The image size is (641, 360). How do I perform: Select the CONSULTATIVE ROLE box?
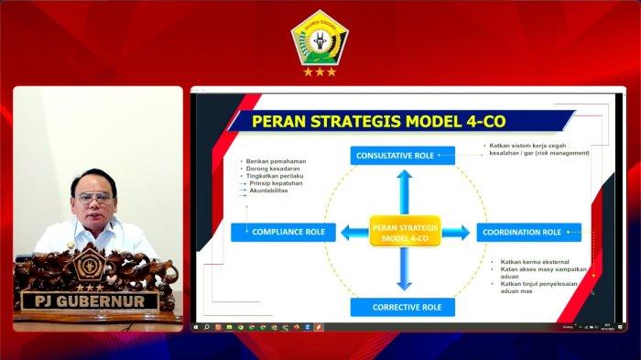[402, 156]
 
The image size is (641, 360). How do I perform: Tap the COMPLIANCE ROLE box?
[284, 233]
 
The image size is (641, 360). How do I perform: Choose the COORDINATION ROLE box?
[528, 233]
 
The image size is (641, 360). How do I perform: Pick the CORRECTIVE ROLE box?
[402, 307]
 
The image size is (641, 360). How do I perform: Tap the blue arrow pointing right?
[455, 233]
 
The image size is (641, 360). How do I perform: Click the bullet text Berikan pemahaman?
[275, 161]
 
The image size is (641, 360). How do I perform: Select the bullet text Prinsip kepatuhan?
[276, 183]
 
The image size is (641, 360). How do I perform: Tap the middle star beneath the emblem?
[320, 71]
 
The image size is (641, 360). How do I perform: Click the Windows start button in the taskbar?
[196, 327]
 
